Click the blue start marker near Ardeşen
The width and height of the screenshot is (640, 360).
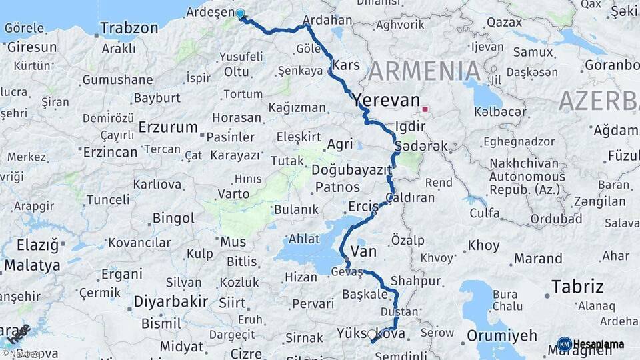(x=240, y=13)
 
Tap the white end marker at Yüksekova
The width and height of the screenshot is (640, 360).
(x=372, y=334)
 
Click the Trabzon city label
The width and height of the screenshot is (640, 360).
(x=129, y=28)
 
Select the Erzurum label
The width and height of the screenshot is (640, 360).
(x=168, y=127)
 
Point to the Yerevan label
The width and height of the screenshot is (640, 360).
(x=387, y=100)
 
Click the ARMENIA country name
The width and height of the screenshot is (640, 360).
(x=424, y=71)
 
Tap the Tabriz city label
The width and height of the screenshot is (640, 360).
(x=577, y=287)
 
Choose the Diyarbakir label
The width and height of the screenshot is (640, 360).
(x=171, y=301)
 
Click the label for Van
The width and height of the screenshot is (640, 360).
(x=363, y=251)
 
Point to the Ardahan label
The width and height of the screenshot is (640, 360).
(x=327, y=21)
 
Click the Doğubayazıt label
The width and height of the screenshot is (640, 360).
(x=351, y=170)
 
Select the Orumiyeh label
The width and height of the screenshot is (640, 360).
(x=501, y=335)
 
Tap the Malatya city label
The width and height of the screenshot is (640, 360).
(x=31, y=265)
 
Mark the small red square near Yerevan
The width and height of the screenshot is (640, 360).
(x=425, y=108)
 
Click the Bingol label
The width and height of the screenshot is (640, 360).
(x=173, y=218)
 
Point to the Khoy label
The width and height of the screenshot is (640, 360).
(x=483, y=245)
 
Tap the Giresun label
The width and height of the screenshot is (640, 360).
(x=31, y=47)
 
